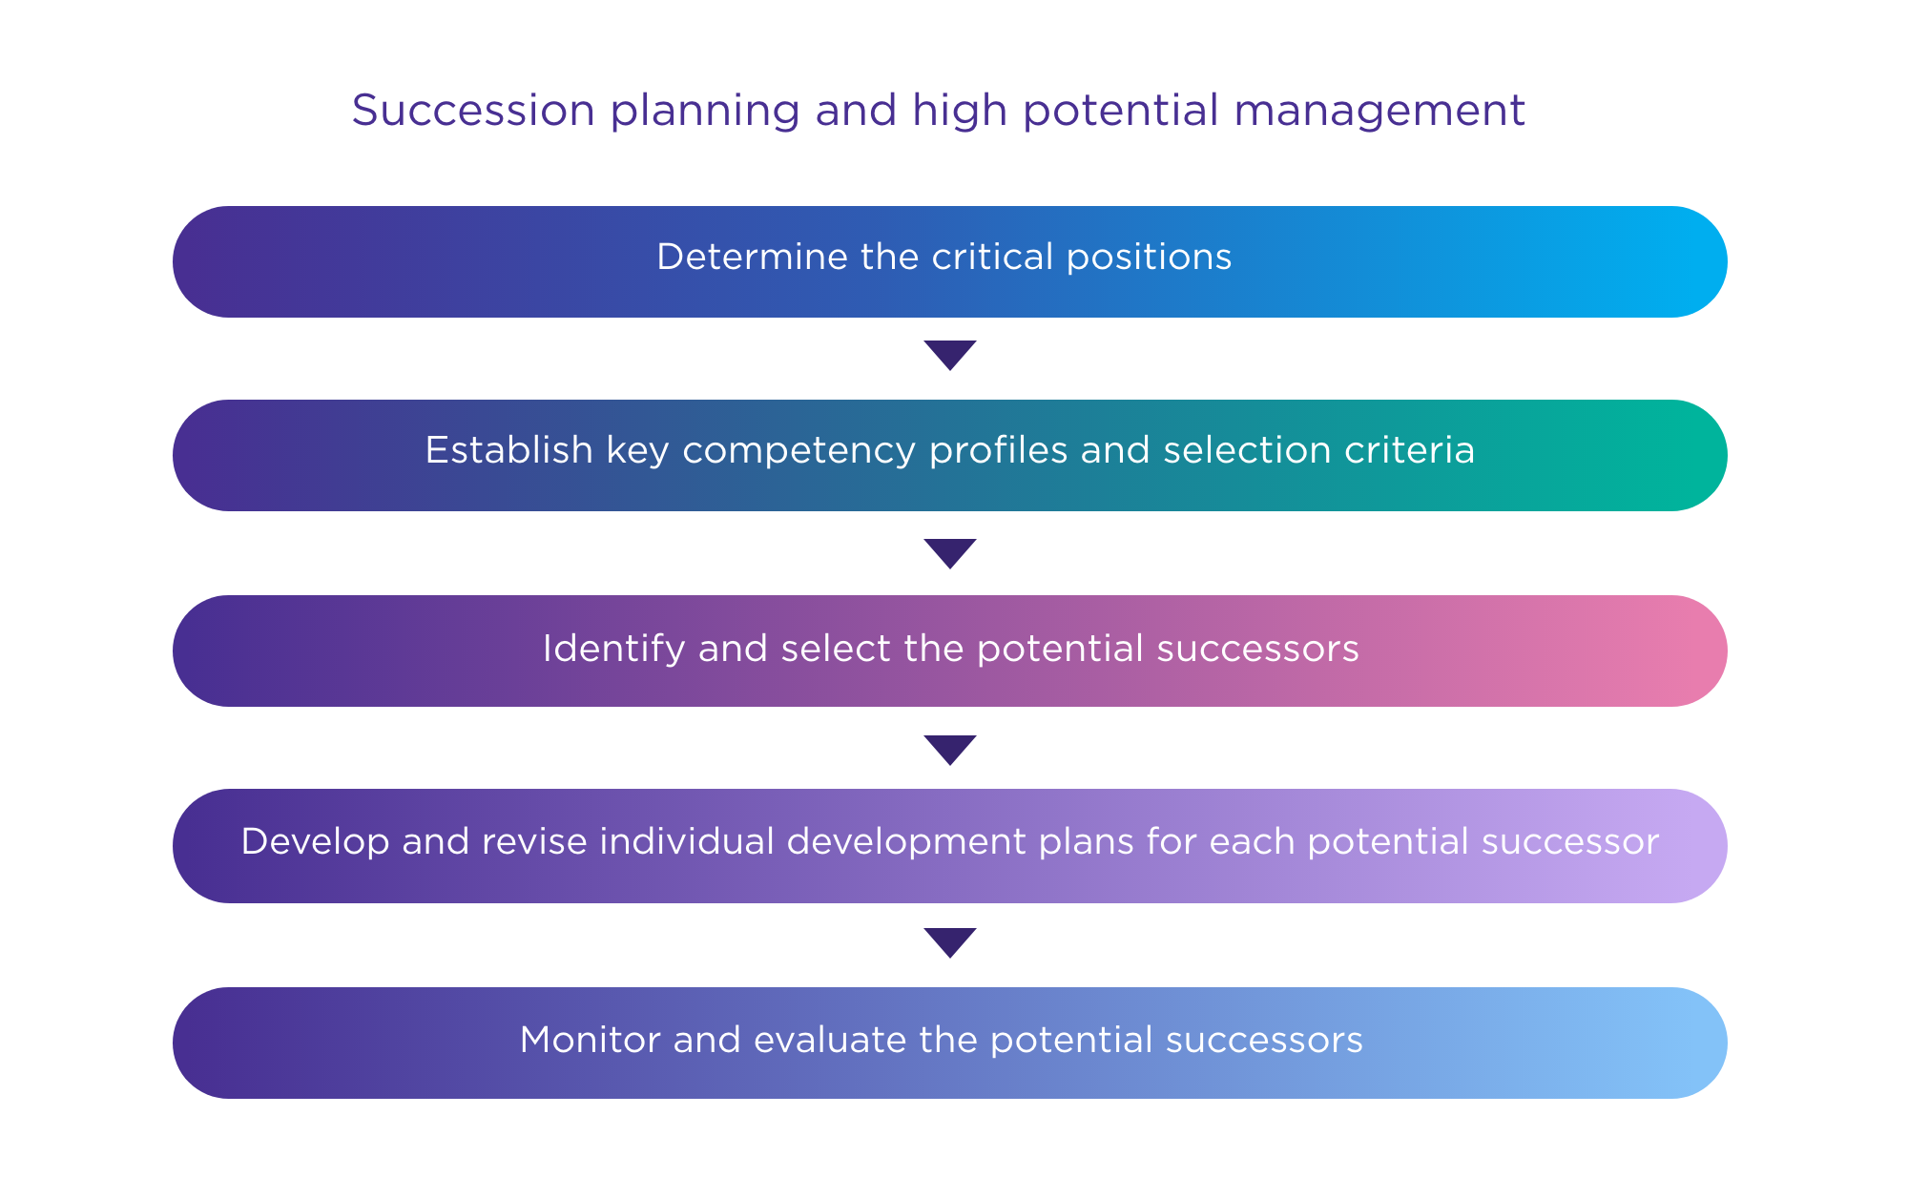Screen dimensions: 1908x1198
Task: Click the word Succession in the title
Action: point(474,111)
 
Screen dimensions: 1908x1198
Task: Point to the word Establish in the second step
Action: point(508,450)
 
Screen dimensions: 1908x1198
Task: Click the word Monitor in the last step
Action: point(590,1040)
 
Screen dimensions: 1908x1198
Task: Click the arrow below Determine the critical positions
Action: point(950,356)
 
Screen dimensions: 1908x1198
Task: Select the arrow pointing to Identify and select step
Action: point(950,554)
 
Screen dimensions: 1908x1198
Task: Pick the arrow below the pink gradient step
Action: point(950,751)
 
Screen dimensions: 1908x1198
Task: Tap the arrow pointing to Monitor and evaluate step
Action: point(950,943)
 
